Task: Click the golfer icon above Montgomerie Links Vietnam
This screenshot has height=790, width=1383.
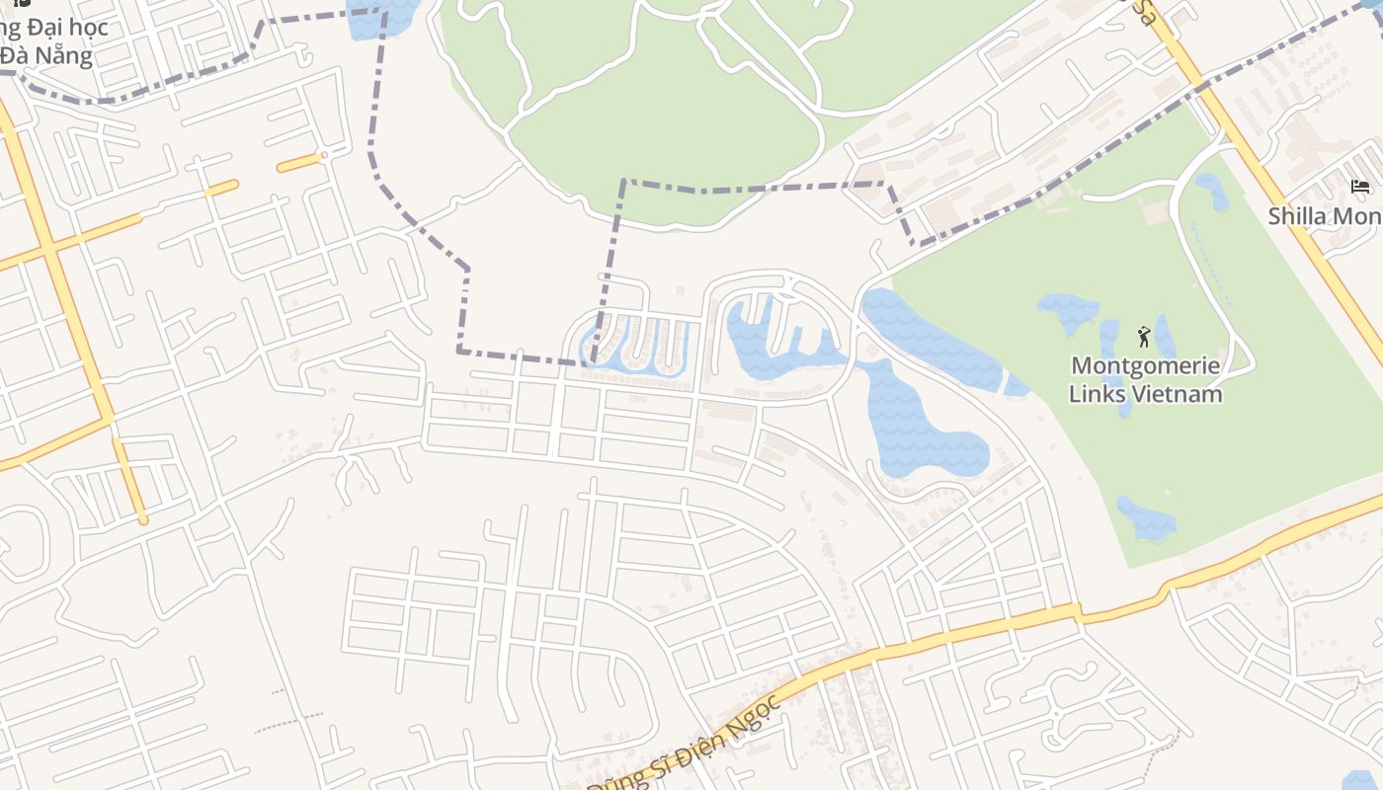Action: [x=1144, y=337]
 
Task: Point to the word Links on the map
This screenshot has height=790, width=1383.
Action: [x=1098, y=394]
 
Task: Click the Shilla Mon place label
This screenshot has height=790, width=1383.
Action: [x=1325, y=215]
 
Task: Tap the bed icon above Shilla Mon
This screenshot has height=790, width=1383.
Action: [x=1360, y=187]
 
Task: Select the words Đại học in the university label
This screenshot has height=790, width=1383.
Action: [x=69, y=27]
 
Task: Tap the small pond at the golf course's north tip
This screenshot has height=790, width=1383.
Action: [x=1212, y=190]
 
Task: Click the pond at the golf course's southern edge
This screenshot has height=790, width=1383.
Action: [x=1146, y=519]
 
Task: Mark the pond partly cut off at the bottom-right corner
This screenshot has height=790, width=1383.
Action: [x=1363, y=780]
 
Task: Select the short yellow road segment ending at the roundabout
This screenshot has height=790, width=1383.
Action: [x=298, y=163]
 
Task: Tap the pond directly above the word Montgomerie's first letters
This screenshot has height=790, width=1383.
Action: [x=1067, y=311]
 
